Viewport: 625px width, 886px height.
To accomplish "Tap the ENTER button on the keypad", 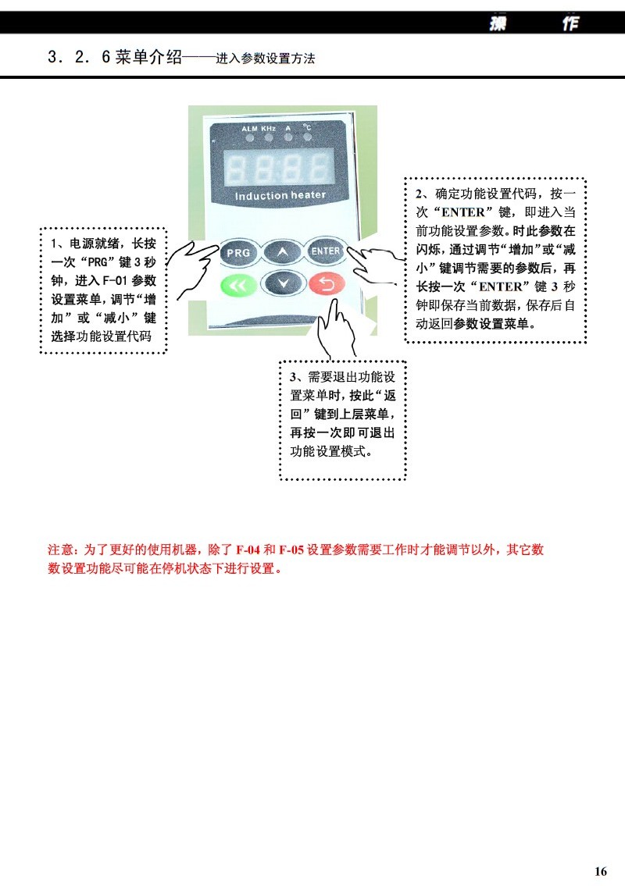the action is click(x=325, y=251).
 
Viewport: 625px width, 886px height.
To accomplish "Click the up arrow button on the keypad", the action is click(x=282, y=252).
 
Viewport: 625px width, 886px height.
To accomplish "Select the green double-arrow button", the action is click(x=238, y=285).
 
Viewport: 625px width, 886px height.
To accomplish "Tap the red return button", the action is click(x=327, y=283).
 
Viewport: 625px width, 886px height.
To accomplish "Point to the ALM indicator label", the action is click(x=249, y=129).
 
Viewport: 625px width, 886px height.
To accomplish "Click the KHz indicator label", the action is click(x=268, y=128).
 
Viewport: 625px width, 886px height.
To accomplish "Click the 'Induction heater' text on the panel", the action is click(x=280, y=195).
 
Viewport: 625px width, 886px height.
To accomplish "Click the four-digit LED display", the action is click(x=279, y=168).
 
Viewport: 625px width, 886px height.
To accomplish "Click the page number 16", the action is click(x=601, y=870).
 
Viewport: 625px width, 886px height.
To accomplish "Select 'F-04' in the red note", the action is click(x=248, y=550).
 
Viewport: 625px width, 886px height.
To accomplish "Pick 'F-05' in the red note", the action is click(x=291, y=550).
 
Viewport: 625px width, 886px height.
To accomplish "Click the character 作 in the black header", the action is click(x=570, y=23).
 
